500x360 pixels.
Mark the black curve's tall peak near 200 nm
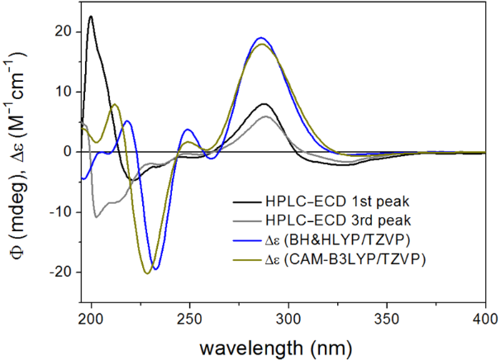click(91, 17)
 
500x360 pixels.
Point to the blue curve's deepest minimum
click(155, 268)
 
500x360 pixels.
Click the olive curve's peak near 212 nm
click(116, 104)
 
